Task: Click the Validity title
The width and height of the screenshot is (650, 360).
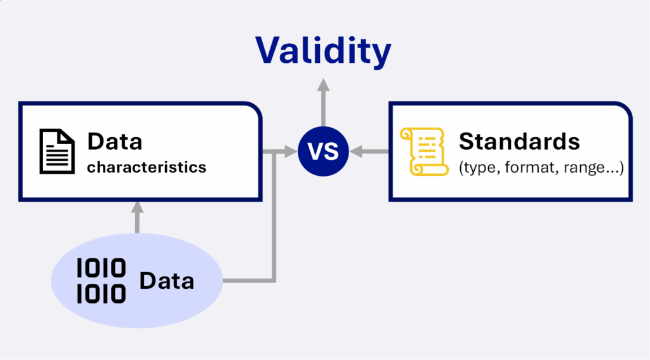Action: click(323, 51)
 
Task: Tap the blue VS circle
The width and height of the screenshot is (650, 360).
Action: click(323, 151)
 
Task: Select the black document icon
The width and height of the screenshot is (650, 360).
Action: click(57, 151)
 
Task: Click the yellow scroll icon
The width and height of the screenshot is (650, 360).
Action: click(423, 152)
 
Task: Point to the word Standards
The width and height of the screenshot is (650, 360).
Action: click(519, 142)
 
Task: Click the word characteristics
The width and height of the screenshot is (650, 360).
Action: click(147, 167)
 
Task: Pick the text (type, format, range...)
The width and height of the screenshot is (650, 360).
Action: click(541, 168)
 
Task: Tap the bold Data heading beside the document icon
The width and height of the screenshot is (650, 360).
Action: click(115, 142)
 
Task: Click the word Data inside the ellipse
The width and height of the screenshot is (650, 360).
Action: click(167, 281)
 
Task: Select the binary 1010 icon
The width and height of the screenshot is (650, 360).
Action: click(101, 281)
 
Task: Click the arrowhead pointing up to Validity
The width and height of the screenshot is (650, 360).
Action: click(323, 84)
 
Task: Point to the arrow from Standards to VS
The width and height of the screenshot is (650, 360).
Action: click(369, 151)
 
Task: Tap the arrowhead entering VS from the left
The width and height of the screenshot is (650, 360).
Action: click(291, 151)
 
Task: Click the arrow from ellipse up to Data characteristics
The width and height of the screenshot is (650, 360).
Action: click(137, 217)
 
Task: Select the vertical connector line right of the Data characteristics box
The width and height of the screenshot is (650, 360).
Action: click(274, 216)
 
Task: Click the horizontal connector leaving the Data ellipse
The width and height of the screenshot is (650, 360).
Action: click(249, 281)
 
